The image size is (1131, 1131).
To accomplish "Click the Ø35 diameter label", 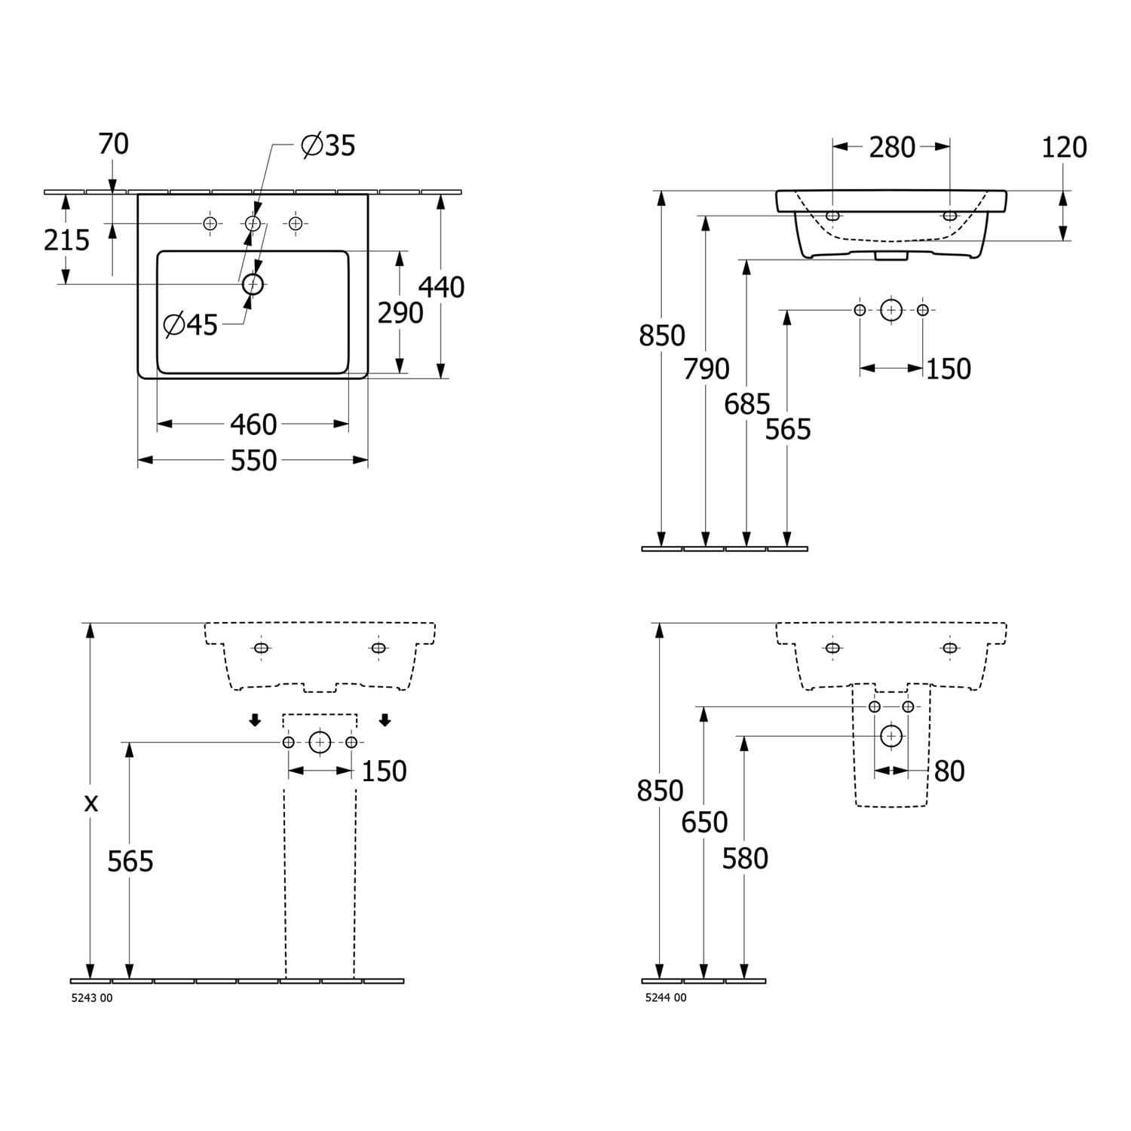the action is coord(328,145).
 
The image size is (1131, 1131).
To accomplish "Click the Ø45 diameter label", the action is coord(191,325).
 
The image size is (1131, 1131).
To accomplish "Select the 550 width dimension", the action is coord(253,461).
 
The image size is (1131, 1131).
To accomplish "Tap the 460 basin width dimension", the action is coord(253,425).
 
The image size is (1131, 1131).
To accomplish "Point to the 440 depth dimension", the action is coord(441,287).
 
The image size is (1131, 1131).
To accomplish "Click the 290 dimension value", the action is coord(400,312).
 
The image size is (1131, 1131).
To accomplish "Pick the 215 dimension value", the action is coord(66,241).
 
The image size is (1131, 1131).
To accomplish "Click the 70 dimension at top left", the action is coord(114,143).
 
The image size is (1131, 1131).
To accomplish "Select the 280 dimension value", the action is coord(892,148).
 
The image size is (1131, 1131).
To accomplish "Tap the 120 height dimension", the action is coord(1064,148).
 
